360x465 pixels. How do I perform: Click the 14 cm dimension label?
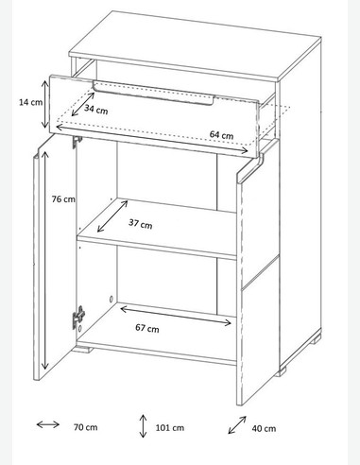click(30, 102)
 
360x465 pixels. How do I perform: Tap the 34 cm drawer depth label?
click(96, 110)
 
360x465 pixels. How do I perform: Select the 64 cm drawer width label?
click(222, 135)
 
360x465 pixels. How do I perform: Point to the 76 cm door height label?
click(63, 199)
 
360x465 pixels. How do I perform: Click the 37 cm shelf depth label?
click(141, 224)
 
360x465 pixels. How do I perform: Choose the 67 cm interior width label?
click(147, 328)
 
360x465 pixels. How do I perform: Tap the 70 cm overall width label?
click(86, 427)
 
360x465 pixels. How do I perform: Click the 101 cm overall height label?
click(170, 428)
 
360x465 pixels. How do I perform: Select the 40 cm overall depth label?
click(264, 428)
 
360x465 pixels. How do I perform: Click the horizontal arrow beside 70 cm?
click(48, 424)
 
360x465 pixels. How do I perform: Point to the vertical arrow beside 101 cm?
click(143, 426)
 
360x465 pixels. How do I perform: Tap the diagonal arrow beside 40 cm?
click(237, 425)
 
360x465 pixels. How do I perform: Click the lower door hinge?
click(78, 318)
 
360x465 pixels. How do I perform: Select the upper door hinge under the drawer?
click(77, 142)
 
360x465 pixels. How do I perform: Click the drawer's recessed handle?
click(153, 93)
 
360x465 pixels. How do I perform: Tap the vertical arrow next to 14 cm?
click(45, 104)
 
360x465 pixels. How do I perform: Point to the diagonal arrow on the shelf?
click(112, 216)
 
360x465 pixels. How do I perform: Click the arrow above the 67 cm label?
click(176, 315)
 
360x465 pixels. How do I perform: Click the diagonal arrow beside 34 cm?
click(83, 104)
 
